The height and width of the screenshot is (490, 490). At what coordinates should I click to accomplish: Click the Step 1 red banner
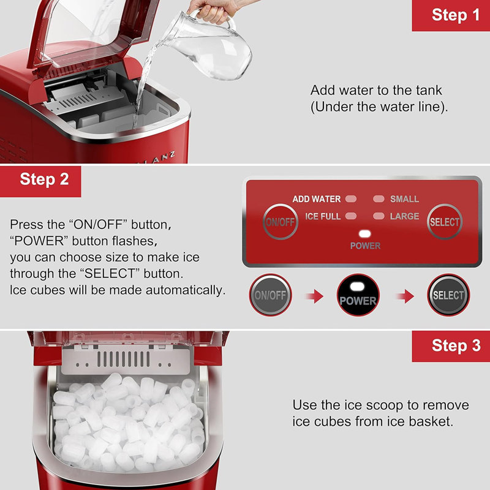click(x=451, y=15)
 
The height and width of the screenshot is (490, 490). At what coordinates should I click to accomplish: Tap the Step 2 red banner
click(x=40, y=181)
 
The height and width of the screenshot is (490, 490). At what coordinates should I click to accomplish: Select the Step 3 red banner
click(x=451, y=346)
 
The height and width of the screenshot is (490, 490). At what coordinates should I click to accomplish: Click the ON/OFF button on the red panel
click(x=281, y=222)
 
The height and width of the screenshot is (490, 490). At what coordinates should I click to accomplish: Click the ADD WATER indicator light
click(x=351, y=198)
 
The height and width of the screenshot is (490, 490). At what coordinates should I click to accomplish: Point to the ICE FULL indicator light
click(x=351, y=216)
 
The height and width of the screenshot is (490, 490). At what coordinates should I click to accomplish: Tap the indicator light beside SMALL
click(x=379, y=198)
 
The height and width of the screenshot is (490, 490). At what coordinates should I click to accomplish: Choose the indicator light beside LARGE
click(x=379, y=216)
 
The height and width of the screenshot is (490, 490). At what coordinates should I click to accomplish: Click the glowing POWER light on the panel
click(x=364, y=234)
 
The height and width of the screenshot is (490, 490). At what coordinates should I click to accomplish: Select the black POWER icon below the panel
click(x=358, y=295)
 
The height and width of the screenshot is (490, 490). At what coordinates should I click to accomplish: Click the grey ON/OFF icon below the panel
click(x=270, y=295)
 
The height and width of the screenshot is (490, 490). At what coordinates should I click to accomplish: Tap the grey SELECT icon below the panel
click(x=448, y=295)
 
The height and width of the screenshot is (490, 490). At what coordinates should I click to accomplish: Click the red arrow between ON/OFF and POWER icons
click(x=315, y=296)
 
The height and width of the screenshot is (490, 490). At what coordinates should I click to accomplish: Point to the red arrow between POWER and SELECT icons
click(x=405, y=296)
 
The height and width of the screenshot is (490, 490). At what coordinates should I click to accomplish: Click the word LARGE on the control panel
click(x=404, y=216)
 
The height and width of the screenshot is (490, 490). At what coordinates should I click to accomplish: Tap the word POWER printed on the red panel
click(x=365, y=246)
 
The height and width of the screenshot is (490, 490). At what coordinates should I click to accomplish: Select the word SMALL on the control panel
click(x=404, y=199)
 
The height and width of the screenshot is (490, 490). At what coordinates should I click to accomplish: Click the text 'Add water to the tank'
click(x=376, y=90)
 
